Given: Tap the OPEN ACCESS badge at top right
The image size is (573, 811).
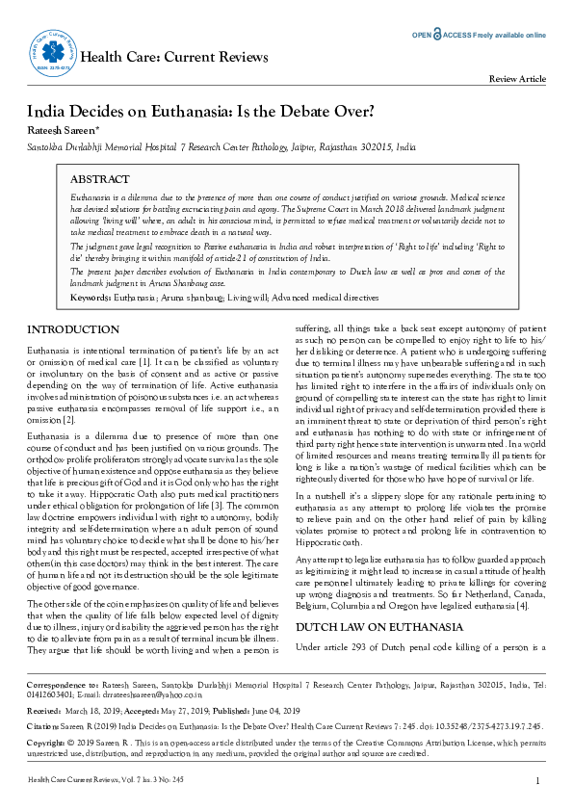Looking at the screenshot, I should pos(479,35).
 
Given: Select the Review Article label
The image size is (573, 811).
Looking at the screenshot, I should pos(518,79).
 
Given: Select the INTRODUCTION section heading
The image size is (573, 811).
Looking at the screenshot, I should pos(73,329).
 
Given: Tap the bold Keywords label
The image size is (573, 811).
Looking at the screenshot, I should pos(95,299).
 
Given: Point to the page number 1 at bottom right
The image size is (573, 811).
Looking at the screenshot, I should pos(537,780).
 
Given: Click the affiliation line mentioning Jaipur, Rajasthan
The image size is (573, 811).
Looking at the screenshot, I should pos(221,148).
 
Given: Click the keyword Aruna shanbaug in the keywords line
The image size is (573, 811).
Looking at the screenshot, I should pos(197,299).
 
